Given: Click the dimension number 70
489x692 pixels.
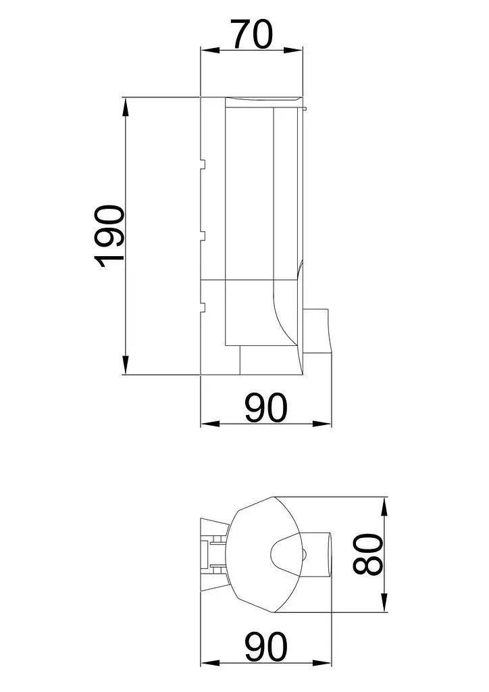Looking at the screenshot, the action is (253, 34).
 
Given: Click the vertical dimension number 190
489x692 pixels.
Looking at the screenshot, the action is (109, 236).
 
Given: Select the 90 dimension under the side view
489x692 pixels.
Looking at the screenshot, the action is (266, 408).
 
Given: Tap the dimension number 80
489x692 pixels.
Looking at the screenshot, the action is (367, 554).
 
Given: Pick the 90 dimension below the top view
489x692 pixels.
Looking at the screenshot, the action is (266, 647).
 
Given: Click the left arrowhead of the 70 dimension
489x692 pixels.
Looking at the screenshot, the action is (210, 50).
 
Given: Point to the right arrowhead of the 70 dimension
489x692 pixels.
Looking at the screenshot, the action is (294, 50).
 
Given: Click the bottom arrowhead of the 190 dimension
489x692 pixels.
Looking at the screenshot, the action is (126, 365).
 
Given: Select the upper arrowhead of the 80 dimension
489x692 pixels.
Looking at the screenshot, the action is (384, 507).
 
